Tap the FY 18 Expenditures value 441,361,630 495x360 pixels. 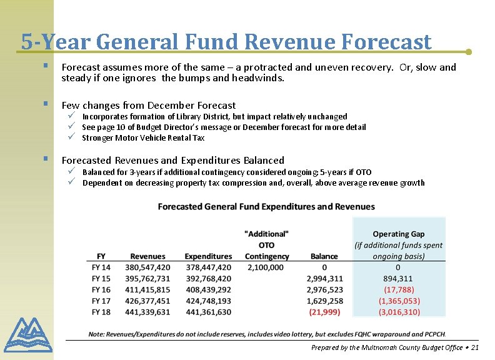(207, 311)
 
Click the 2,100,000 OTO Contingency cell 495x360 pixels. (266, 267)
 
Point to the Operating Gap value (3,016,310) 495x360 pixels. (399, 311)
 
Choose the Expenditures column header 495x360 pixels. (208, 256)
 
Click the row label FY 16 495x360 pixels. (101, 289)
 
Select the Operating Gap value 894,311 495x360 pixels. (399, 278)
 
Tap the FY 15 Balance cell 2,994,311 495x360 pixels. (324, 278)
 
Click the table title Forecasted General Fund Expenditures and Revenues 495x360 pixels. (266, 206)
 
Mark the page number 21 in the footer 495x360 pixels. (474, 347)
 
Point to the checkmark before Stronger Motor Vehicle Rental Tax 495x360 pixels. (72, 137)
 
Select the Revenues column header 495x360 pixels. (147, 256)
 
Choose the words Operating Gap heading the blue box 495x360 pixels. (399, 234)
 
